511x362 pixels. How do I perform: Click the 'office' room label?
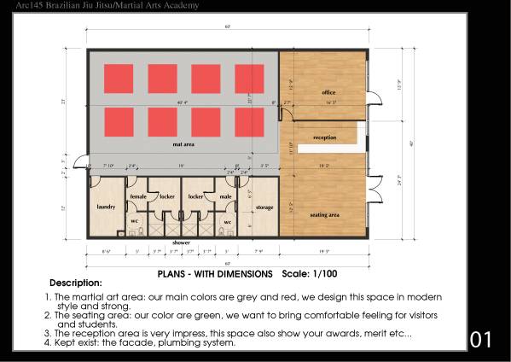(x=328, y=91)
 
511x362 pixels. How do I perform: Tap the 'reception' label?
(x=324, y=137)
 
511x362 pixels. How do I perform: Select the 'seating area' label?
(x=324, y=214)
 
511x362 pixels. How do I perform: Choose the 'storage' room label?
(x=264, y=207)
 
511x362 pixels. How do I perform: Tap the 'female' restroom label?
(x=137, y=196)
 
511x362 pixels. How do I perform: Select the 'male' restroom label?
(x=225, y=196)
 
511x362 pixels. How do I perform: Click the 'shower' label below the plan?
(x=181, y=242)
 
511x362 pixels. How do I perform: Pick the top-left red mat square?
(x=119, y=79)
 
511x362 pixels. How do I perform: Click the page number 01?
(x=481, y=340)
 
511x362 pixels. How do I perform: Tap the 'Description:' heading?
(x=76, y=283)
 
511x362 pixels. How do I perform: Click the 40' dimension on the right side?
(x=411, y=143)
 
